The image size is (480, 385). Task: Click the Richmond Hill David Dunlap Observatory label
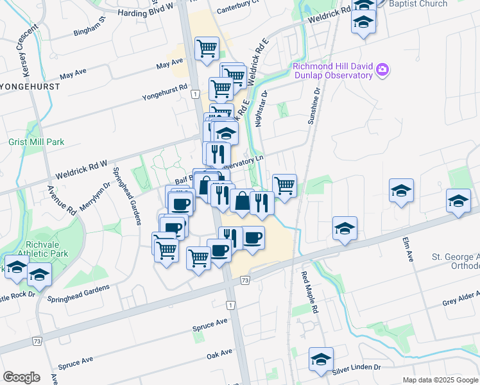point(332,71)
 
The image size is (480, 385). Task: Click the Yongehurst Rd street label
point(166,94)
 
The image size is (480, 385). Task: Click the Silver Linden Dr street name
point(356,369)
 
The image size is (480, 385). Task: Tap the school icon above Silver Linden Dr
point(321,359)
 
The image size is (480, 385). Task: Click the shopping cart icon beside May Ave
point(207,48)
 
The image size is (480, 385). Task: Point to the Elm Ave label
point(408,250)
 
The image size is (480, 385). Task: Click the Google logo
point(21,377)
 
